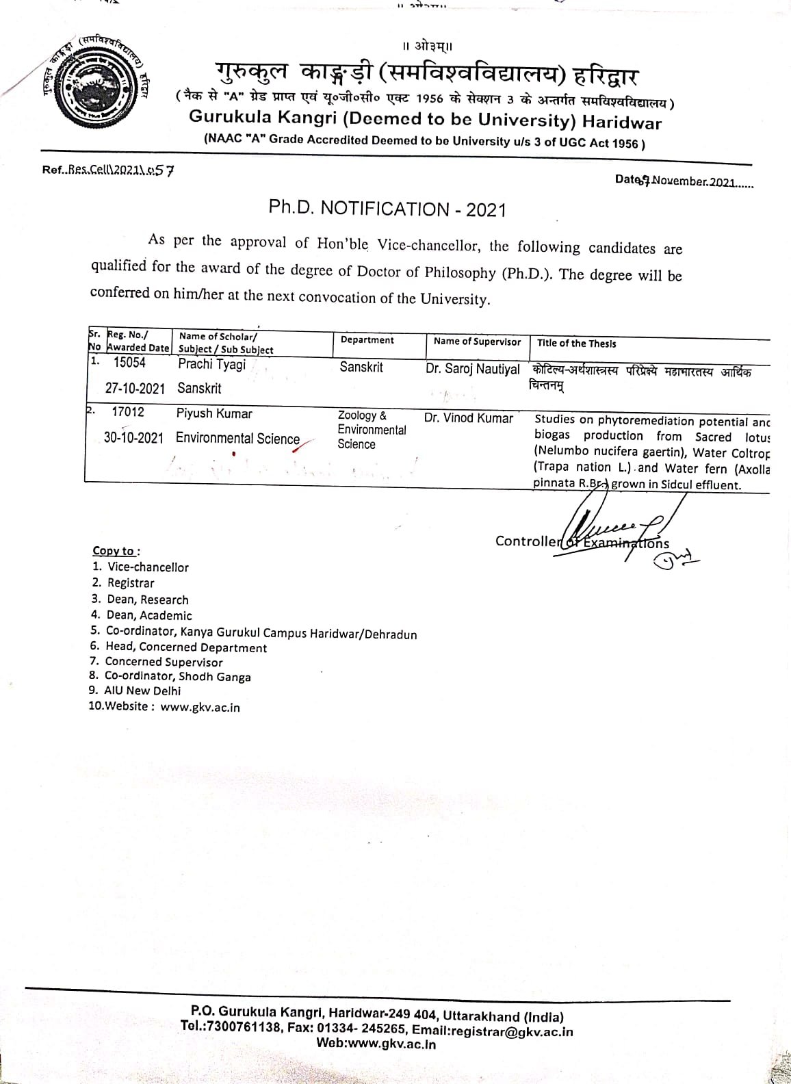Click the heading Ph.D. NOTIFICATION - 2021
tap(387, 208)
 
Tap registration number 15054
tap(129, 363)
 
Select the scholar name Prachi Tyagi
tap(211, 364)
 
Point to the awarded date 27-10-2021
tap(135, 388)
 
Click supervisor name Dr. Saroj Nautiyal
tap(472, 369)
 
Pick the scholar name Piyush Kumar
tap(214, 413)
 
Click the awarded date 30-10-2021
tap(133, 438)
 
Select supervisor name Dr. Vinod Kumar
tap(468, 417)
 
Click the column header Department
tap(367, 340)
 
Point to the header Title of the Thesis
tap(576, 344)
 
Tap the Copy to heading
tap(116, 551)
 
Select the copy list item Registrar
tap(131, 583)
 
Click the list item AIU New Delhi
tap(142, 691)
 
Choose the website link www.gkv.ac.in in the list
tap(200, 708)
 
